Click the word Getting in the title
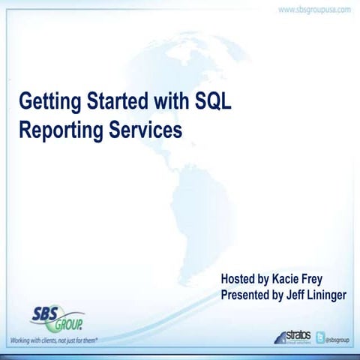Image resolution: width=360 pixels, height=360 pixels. (x=48, y=101)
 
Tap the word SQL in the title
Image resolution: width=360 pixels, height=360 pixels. (x=213, y=101)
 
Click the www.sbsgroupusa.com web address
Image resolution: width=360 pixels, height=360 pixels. (x=314, y=10)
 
